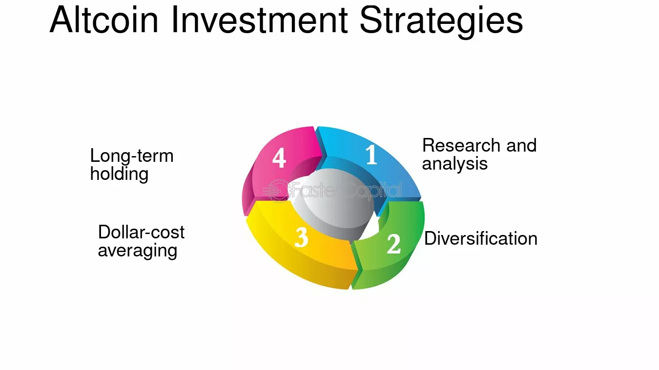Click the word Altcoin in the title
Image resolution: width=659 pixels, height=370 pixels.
(x=104, y=20)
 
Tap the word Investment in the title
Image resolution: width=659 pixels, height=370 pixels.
(x=260, y=20)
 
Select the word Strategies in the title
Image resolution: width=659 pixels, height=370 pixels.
(x=441, y=22)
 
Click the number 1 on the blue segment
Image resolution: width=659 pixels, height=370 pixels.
(x=371, y=155)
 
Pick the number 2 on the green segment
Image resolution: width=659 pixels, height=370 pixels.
(x=393, y=244)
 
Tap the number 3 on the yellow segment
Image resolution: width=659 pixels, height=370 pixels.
(x=302, y=237)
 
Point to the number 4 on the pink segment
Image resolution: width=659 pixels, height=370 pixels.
(x=279, y=157)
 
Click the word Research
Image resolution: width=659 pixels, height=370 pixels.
(x=461, y=145)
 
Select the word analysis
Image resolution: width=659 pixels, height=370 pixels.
(x=455, y=164)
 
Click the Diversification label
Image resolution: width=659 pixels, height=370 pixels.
(x=481, y=238)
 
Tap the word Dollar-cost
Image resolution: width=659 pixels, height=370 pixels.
(x=141, y=232)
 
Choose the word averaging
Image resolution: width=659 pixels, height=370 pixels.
(x=138, y=251)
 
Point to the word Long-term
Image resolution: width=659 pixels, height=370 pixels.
(x=132, y=156)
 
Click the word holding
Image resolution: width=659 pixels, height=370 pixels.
(x=120, y=174)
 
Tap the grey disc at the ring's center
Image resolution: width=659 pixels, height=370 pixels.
(x=334, y=203)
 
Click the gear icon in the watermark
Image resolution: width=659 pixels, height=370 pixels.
(x=277, y=191)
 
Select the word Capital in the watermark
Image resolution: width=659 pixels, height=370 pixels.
(x=373, y=191)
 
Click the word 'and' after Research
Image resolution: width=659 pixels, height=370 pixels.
(x=522, y=145)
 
